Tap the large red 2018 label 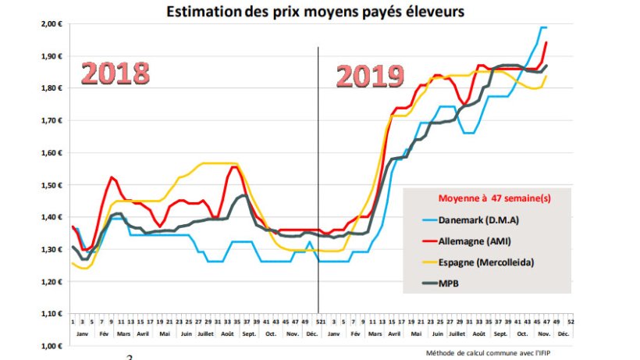point(116,73)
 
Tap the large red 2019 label point(370,77)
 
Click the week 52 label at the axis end point(572,320)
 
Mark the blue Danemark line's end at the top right point(546,27)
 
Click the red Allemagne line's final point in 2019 point(546,42)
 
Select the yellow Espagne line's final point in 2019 point(546,76)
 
